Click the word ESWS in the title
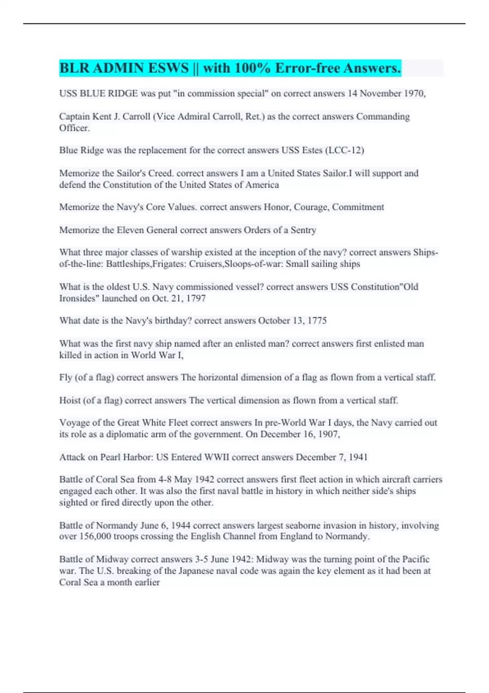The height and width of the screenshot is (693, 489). click(x=168, y=68)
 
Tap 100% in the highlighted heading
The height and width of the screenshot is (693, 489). click(x=252, y=68)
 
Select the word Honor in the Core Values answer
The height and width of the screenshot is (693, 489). click(x=277, y=207)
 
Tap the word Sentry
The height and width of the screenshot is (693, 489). click(x=303, y=230)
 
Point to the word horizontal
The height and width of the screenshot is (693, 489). click(x=218, y=377)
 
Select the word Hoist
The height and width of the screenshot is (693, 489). click(x=70, y=400)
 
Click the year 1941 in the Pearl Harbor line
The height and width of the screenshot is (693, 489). click(x=358, y=457)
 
